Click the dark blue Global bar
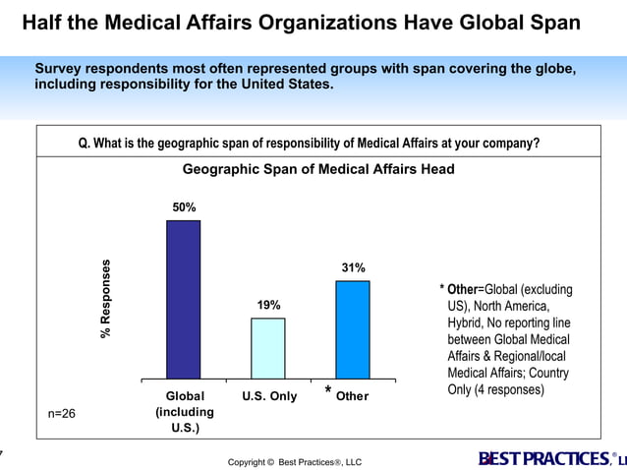tap(183, 299)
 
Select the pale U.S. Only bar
tap(268, 348)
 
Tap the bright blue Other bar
tap(353, 329)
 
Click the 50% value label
tap(184, 207)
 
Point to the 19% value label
tap(268, 305)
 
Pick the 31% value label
tap(353, 267)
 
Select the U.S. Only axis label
tap(269, 396)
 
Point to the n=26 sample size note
tap(62, 414)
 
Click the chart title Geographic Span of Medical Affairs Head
tap(318, 169)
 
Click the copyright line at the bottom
tap(295, 461)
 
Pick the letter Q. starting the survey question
tap(85, 143)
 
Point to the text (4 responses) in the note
tap(508, 389)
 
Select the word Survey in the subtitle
tap(62, 69)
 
